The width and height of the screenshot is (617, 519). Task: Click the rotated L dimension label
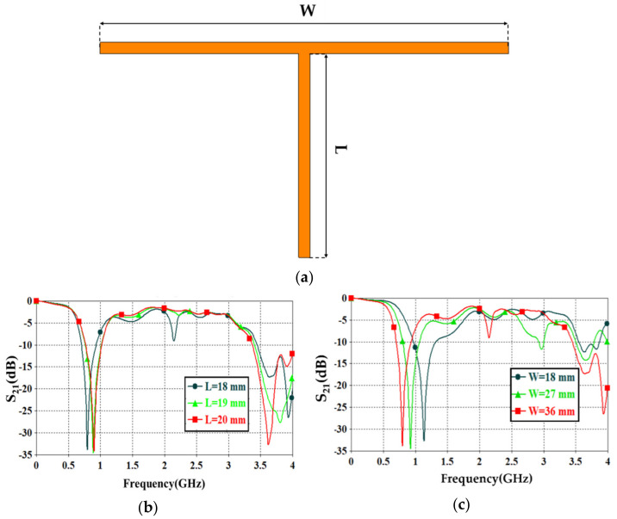point(339,152)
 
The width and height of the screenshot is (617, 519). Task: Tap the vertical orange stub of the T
point(303,155)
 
